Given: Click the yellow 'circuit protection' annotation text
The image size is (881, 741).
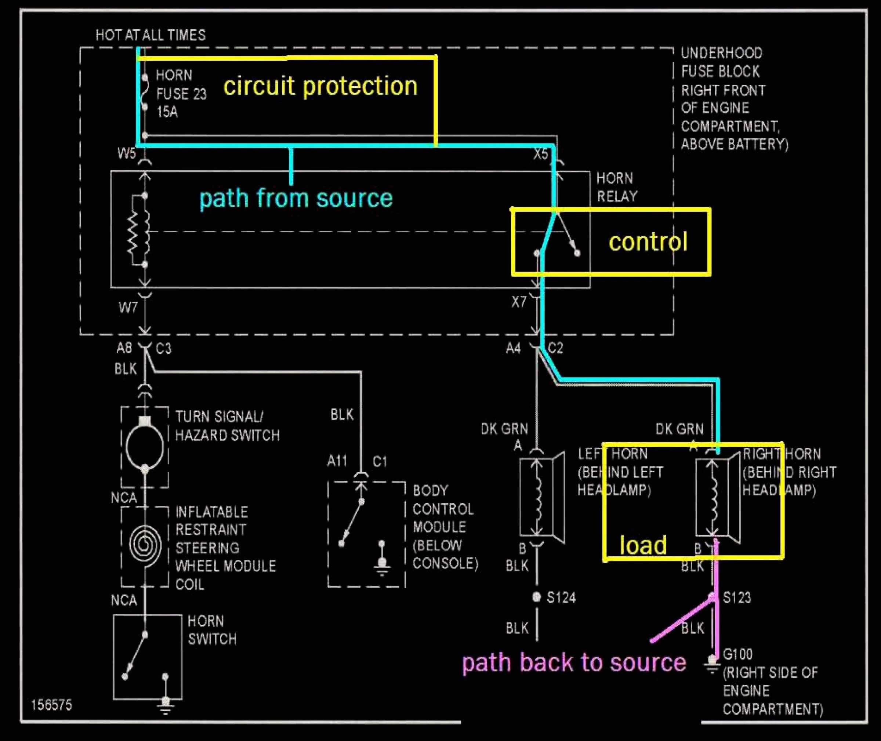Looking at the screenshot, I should coord(320,86).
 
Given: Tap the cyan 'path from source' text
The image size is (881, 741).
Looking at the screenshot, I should coord(296,198).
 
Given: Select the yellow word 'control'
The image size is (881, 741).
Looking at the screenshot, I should coord(648,242).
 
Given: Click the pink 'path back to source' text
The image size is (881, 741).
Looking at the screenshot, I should coord(574,662).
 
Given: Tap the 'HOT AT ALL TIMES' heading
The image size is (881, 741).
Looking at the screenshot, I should coord(151,35).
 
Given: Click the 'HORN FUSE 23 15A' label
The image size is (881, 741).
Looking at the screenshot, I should coord(181,93).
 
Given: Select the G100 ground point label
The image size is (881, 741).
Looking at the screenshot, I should coord(737,654).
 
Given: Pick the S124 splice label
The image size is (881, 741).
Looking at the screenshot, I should coord(561,597).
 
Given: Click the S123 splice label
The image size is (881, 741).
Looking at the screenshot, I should coord(736,597).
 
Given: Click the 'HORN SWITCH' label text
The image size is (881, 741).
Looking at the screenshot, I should coord(211,630).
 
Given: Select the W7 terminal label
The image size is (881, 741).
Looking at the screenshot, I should coord(128,308).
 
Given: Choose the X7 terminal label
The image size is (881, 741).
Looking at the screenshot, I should coord(519,302).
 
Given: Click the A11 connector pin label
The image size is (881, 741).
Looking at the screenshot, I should coord(337,461).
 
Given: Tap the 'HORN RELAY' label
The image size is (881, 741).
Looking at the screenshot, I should coord(617,187).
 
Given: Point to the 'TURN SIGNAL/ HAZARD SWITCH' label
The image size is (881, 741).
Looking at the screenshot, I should coord(227,426).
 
